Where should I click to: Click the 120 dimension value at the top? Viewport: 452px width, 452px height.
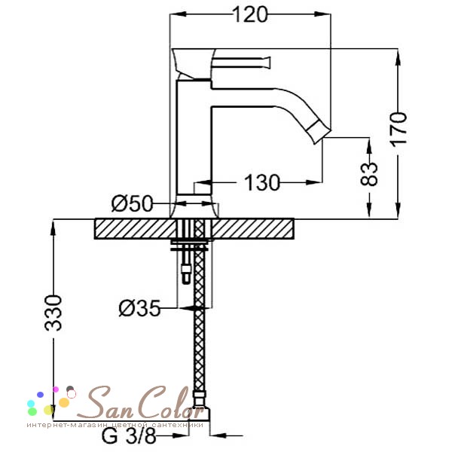pyautogui.click(x=250, y=15)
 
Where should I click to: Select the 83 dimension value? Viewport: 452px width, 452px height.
pyautogui.click(x=369, y=174)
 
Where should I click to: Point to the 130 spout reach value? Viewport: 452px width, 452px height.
pyautogui.click(x=262, y=183)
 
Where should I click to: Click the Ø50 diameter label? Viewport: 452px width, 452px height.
pyautogui.click(x=132, y=203)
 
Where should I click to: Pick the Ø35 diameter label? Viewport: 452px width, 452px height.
pyautogui.click(x=139, y=308)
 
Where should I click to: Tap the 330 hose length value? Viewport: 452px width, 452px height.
pyautogui.click(x=53, y=313)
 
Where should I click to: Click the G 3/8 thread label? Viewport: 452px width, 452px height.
pyautogui.click(x=129, y=436)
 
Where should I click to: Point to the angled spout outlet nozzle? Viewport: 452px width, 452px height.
pyautogui.click(x=318, y=133)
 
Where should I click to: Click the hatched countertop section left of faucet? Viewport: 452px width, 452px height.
pyautogui.click(x=135, y=229)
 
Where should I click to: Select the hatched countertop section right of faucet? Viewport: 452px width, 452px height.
pyautogui.click(x=253, y=229)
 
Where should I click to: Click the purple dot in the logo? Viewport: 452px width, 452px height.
pyautogui.click(x=41, y=395)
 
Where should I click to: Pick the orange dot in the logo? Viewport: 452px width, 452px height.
pyautogui.click(x=64, y=402)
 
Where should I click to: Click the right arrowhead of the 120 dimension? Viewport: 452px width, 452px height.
pyautogui.click(x=322, y=14)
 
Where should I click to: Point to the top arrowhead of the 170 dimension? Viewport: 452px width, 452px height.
pyautogui.click(x=398, y=57)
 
